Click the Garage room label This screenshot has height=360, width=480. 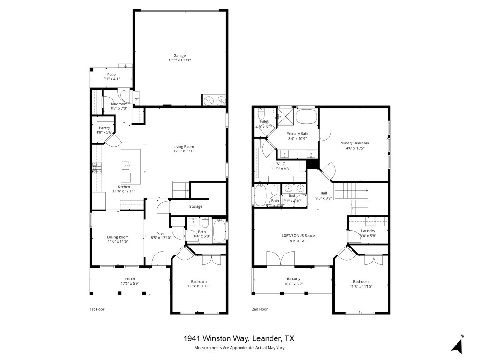click(180, 56)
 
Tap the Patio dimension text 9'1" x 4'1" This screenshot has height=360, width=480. click(112, 79)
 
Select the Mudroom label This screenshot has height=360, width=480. click(119, 104)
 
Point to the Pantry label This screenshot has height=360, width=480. click(104, 127)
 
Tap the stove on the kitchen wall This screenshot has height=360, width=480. click(97, 168)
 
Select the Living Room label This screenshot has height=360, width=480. click(184, 147)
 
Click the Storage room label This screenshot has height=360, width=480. click(196, 206)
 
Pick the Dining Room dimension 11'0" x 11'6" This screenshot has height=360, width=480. click(118, 241)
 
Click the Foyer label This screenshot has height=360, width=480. click(161, 233)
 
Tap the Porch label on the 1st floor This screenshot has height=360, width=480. click(130, 278)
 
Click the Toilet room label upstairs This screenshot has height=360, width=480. click(263, 121)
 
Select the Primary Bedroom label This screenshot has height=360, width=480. click(354, 143)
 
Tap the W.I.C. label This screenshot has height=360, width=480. click(281, 164)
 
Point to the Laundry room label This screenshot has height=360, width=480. click(368, 231)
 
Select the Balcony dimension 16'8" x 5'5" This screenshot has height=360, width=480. click(293, 284)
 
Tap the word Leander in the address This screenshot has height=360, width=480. click(266, 338)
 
